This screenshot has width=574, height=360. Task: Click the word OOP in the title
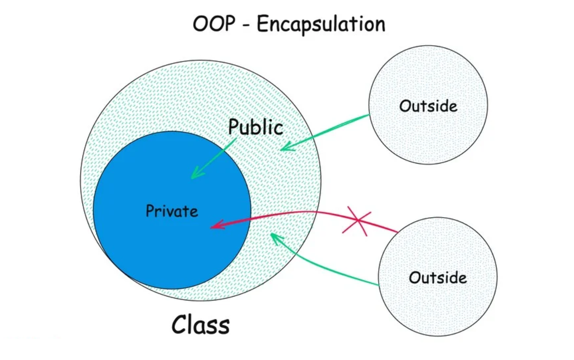(x=214, y=24)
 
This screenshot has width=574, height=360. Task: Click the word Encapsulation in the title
(x=321, y=25)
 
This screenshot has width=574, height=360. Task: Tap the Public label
(x=255, y=127)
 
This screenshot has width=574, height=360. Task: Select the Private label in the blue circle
(x=172, y=211)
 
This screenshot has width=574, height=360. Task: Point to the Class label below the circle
(x=201, y=324)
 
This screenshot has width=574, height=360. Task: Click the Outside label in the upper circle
(x=428, y=106)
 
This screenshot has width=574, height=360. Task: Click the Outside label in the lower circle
(x=438, y=278)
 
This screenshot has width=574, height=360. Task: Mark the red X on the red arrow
(x=357, y=221)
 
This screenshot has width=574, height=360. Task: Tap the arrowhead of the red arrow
(x=217, y=225)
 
